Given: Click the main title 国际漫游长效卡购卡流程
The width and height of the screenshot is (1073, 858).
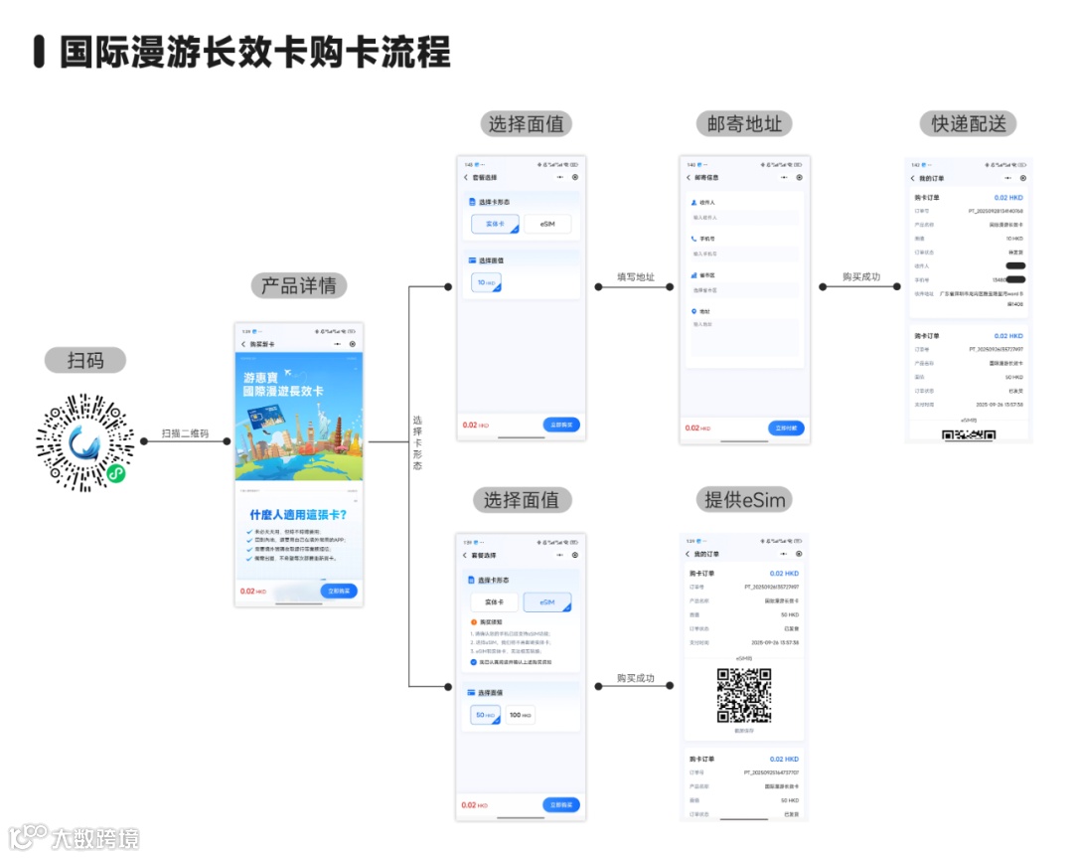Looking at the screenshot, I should tap(254, 52).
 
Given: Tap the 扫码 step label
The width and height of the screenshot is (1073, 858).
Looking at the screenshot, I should tap(84, 360).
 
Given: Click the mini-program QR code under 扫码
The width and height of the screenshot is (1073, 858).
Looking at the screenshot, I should tap(84, 441).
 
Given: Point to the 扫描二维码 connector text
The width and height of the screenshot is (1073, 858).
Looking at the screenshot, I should tap(186, 433).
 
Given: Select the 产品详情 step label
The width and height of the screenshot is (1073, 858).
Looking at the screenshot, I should tap(298, 286).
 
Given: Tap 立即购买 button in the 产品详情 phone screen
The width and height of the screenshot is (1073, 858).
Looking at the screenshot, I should tap(340, 591).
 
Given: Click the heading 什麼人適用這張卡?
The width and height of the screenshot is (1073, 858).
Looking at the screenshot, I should tap(298, 515).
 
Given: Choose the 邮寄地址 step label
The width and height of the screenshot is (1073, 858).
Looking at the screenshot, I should tap(745, 124).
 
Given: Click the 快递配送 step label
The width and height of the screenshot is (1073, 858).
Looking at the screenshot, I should tap(969, 124).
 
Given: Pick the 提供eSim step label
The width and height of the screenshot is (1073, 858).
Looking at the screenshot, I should tap(745, 500).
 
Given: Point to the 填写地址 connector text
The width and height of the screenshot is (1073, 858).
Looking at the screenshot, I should tap(636, 276).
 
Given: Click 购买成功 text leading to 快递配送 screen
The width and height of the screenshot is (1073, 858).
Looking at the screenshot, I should tap(861, 276).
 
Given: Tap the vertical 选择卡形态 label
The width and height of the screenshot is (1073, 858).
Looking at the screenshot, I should tap(417, 441).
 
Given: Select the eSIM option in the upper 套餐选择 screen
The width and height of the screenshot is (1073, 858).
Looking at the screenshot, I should tap(547, 225).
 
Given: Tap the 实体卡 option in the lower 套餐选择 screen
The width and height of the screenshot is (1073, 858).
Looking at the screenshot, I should tap(494, 602).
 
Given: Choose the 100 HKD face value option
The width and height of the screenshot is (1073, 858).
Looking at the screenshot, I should tap(520, 715).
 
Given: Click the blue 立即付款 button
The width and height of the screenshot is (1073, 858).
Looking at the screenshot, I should tap(786, 428).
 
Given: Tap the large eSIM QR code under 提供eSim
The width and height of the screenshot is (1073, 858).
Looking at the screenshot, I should tap(744, 695).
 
